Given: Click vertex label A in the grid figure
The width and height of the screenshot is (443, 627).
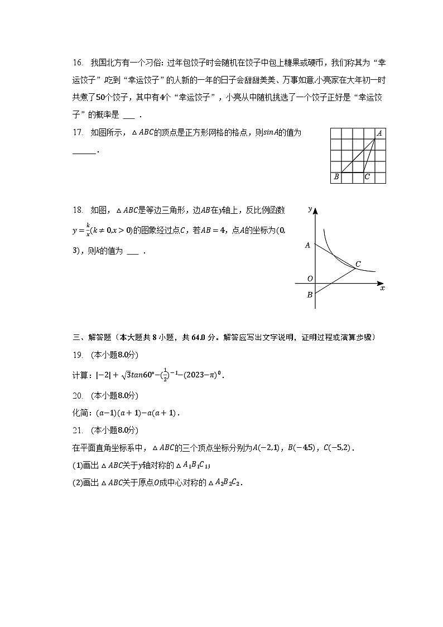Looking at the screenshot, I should pos(379,133).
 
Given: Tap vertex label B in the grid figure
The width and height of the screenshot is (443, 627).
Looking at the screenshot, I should pos(336,177).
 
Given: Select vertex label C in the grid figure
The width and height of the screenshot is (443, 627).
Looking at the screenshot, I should pos(367,177).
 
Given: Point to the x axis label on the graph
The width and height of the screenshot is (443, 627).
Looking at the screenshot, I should pos(382,289).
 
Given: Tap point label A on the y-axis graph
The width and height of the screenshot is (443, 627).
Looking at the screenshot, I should pos(307,245).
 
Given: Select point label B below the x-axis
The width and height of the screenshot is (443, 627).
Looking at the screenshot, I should pos(309,295).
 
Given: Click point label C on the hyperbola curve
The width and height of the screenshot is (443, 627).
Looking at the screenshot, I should pos(358,264).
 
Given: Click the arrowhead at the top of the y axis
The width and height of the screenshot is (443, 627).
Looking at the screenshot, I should pos(315,211).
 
